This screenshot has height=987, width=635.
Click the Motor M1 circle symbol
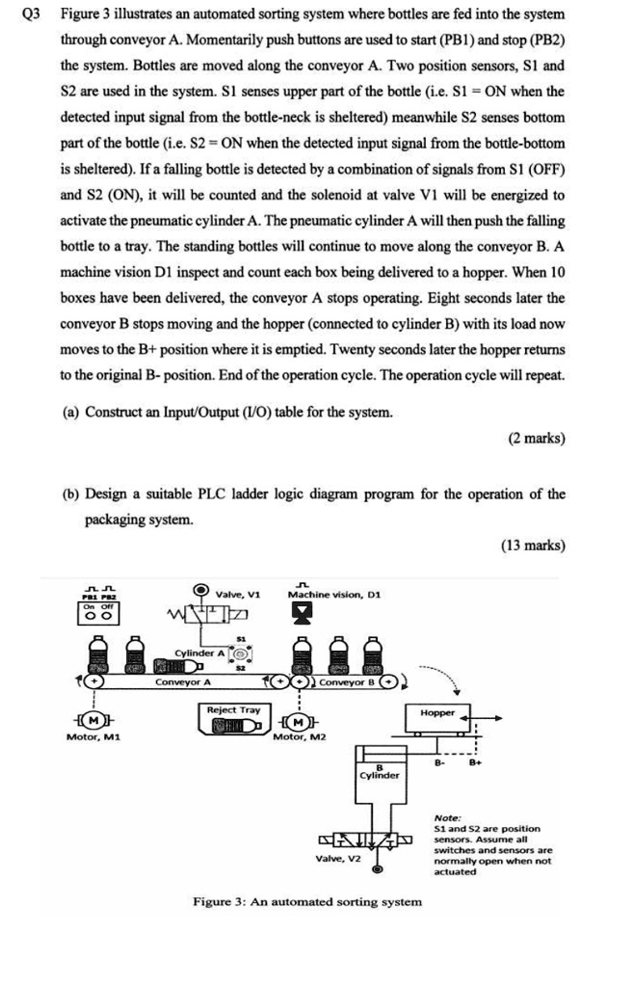tap(93, 721)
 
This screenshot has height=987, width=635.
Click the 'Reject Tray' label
tap(234, 709)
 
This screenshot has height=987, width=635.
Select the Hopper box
tap(437, 714)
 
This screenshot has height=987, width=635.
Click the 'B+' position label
tap(473, 760)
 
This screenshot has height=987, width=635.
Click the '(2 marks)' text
tap(536, 438)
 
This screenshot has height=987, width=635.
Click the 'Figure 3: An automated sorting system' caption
tap(306, 901)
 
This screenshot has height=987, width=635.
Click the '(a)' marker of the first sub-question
tap(70, 413)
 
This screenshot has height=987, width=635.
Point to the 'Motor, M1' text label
tap(93, 737)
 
